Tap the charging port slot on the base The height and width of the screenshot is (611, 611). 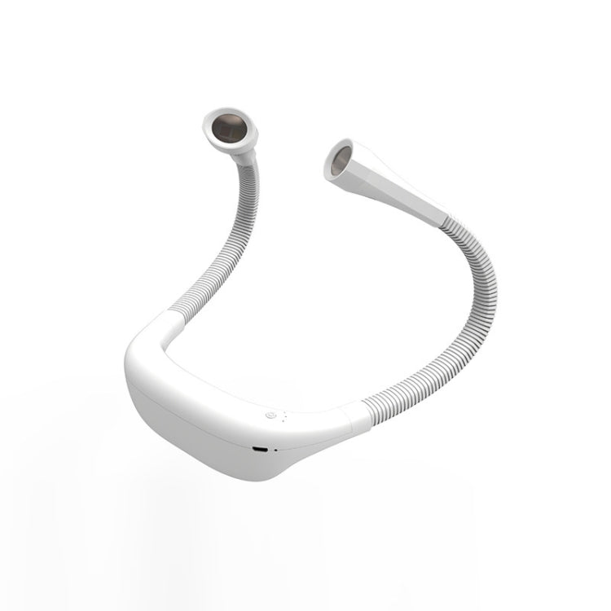(260, 449)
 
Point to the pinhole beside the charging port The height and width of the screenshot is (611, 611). (275, 450)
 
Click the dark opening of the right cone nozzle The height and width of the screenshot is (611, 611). (341, 160)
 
